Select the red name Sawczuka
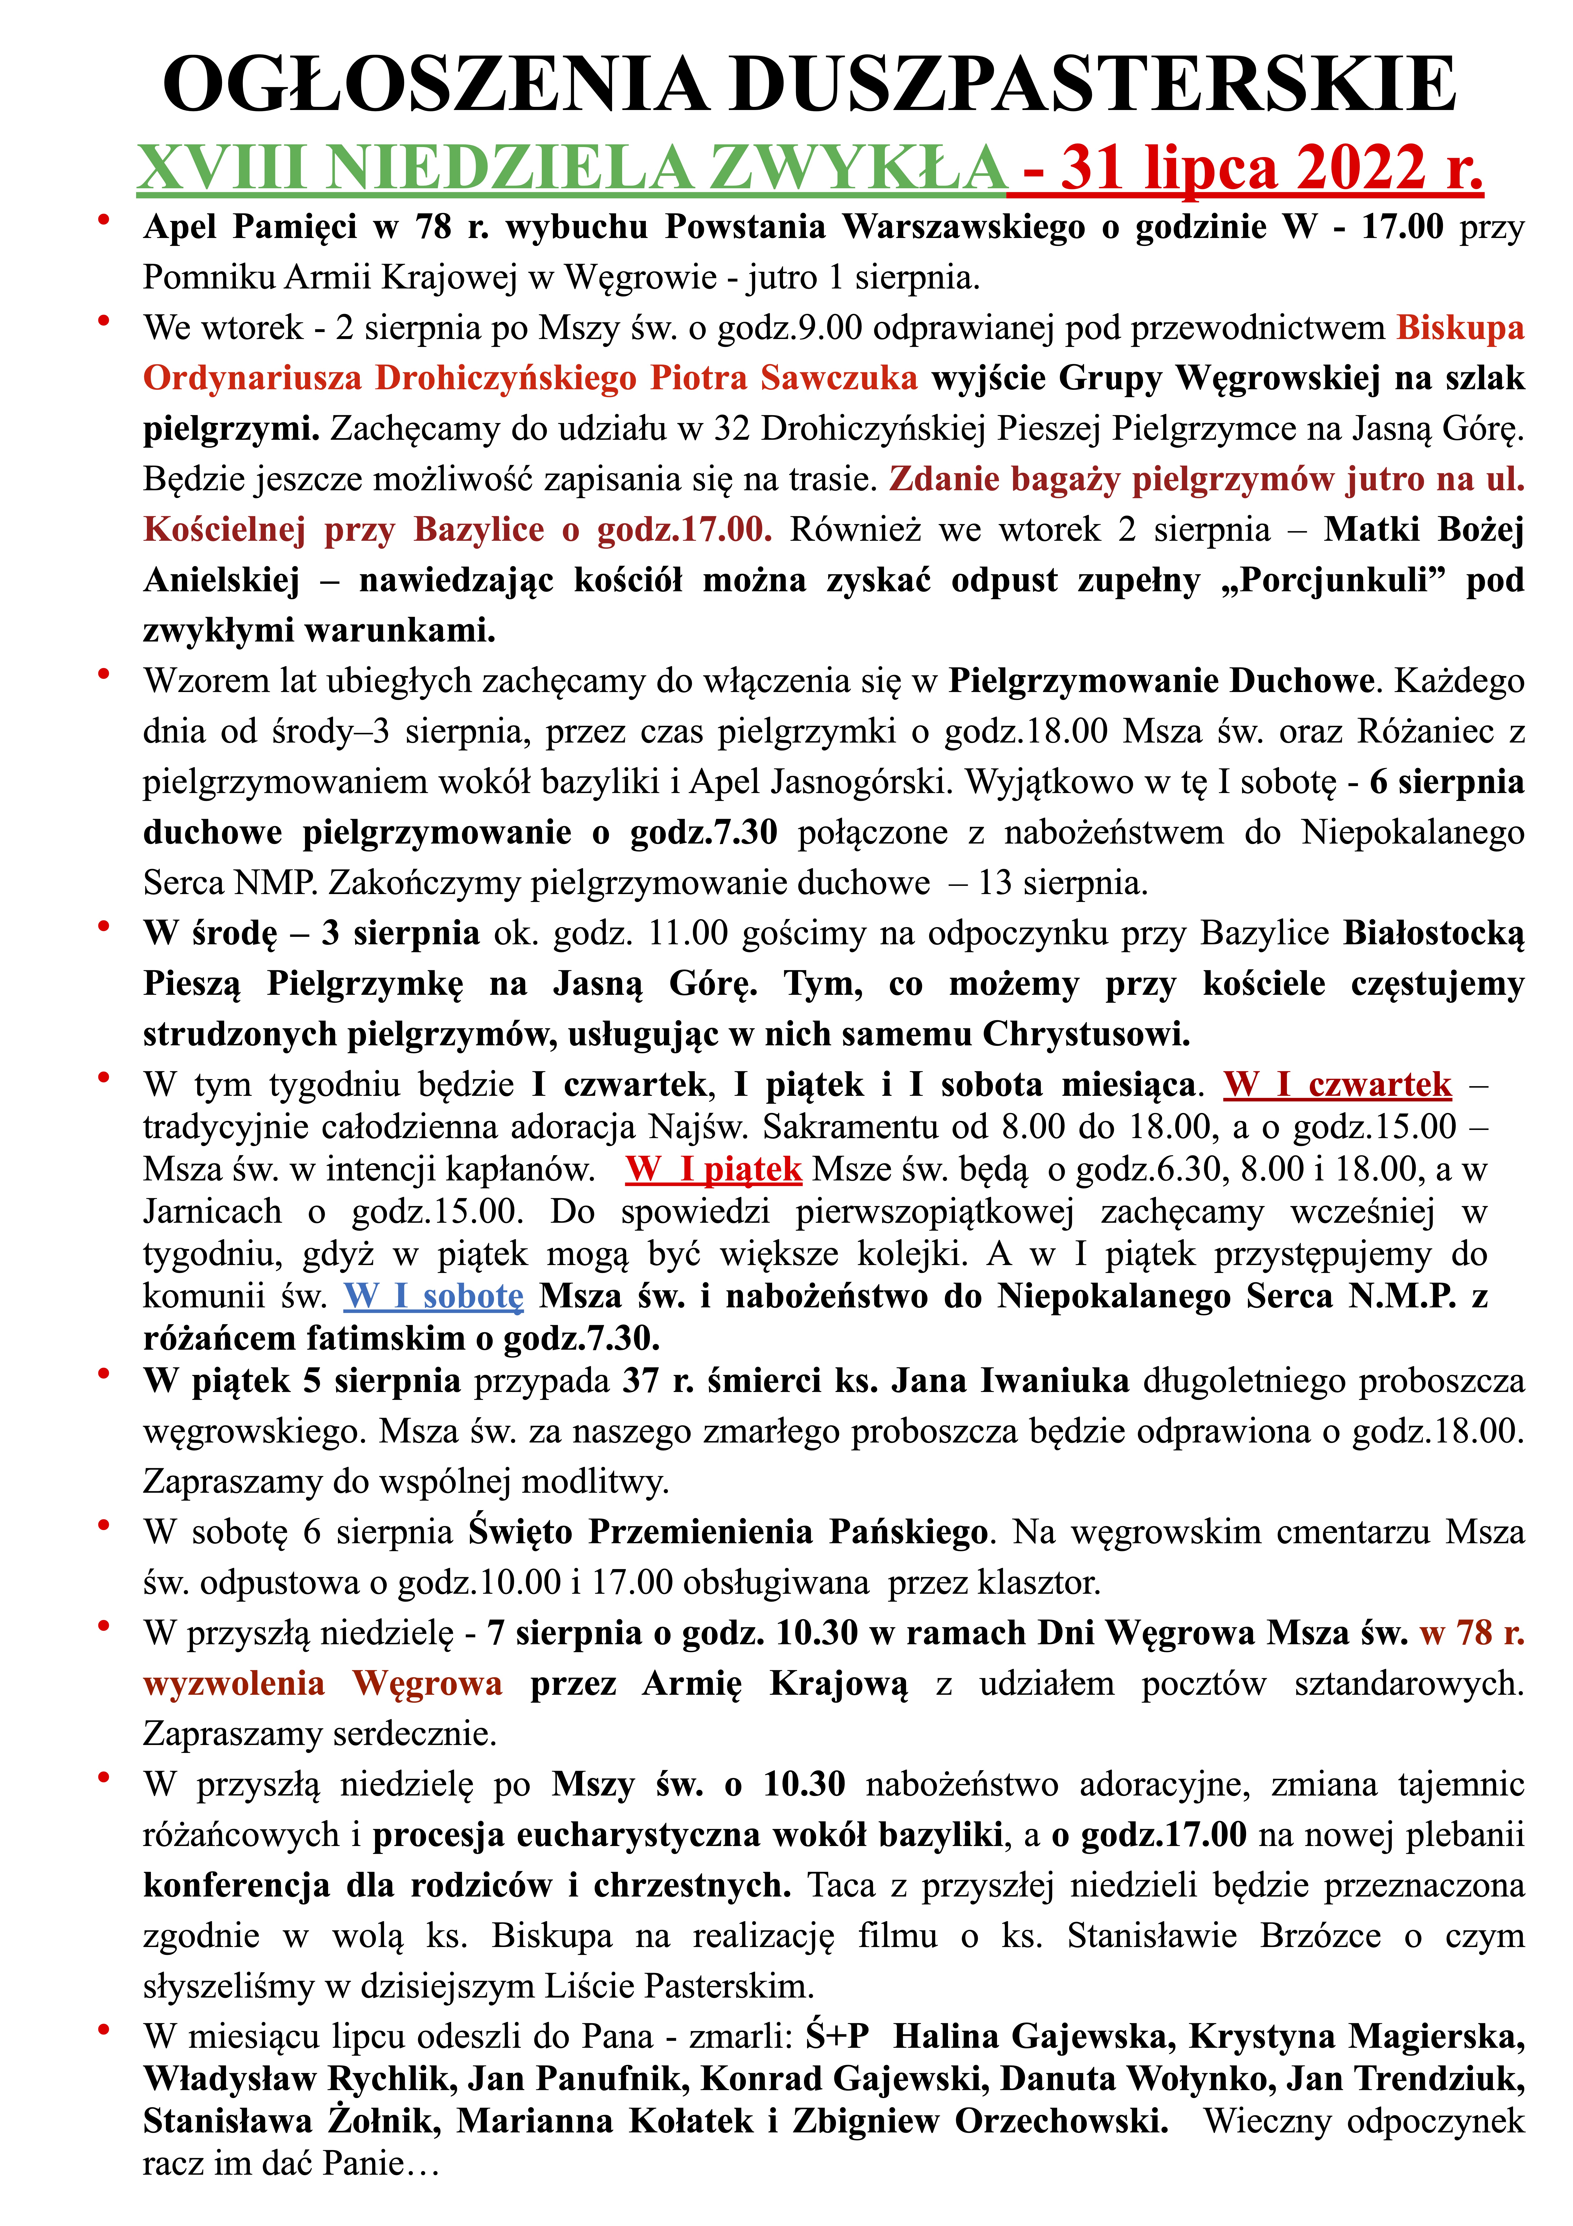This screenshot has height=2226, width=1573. [x=838, y=377]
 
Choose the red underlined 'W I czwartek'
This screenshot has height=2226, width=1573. [x=1338, y=1084]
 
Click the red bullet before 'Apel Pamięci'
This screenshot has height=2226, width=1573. [x=103, y=221]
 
